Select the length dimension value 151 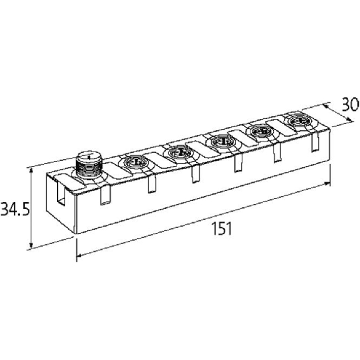(222, 229)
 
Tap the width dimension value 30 (351, 105)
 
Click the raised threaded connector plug (88, 164)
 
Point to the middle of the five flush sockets (223, 142)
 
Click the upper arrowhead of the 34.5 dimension (31, 170)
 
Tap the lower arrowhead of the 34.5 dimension (31, 246)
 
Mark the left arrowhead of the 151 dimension (80, 255)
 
